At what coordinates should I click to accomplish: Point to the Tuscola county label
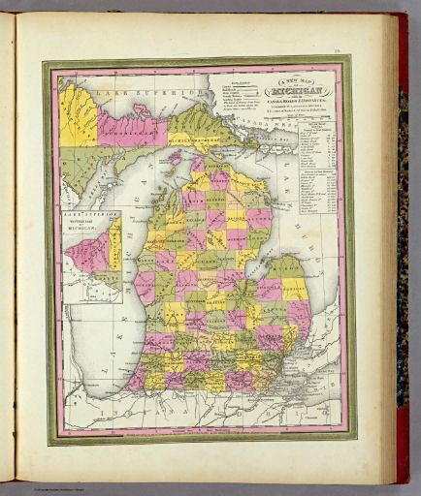point(262,291)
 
